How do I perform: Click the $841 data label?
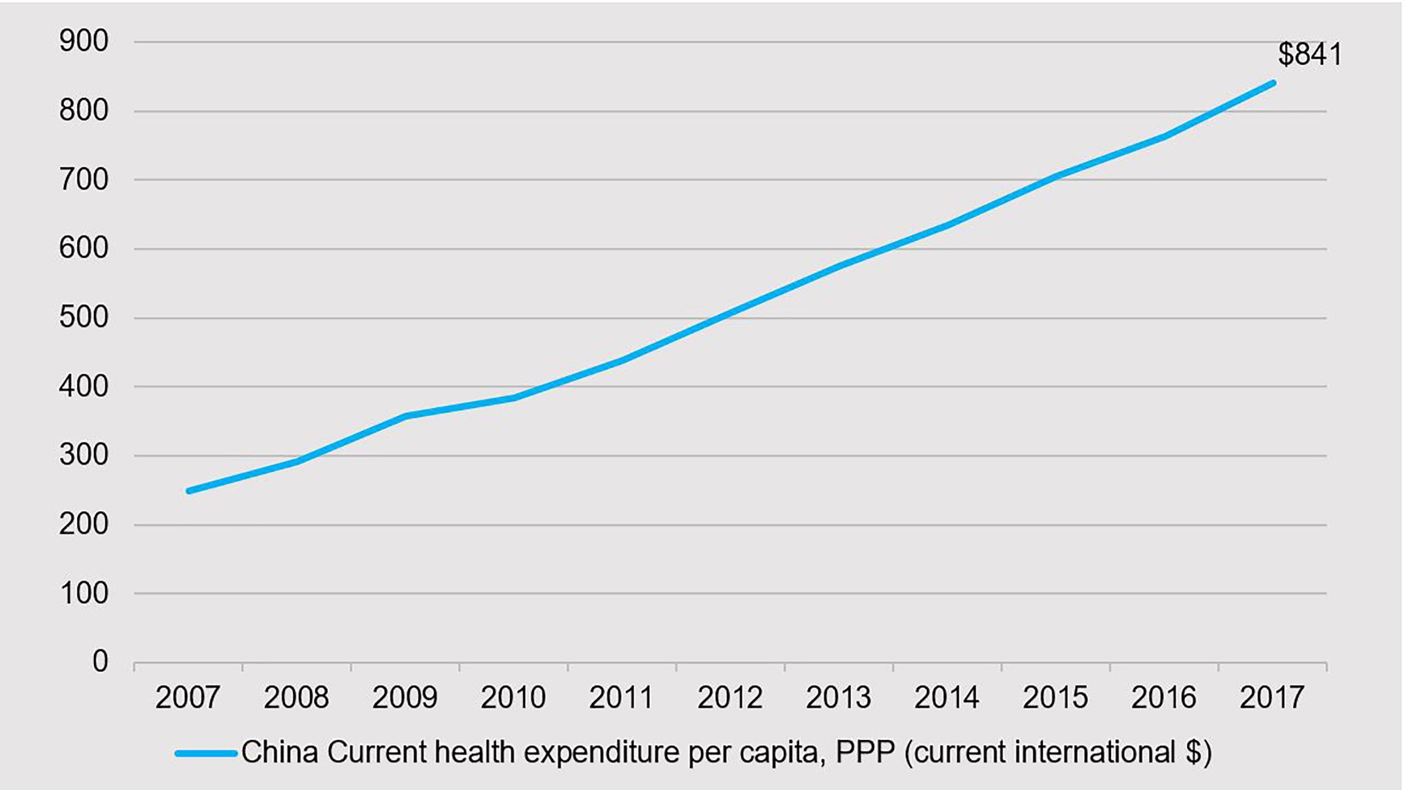pos(1309,55)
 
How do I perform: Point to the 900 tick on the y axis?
pos(84,41)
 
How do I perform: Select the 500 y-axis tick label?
pos(84,317)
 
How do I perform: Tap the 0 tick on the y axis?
pos(100,661)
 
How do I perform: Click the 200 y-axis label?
pos(84,524)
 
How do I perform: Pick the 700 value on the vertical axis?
pos(84,180)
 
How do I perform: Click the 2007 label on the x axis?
pos(187,698)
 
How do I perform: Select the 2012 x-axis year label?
pos(730,698)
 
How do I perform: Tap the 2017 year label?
pos(1272,698)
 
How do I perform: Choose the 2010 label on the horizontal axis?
pos(513,698)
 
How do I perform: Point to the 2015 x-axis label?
pos(1055,698)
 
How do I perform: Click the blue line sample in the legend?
pos(206,753)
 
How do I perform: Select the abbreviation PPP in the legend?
pos(865,752)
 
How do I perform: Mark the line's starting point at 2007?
pos(189,491)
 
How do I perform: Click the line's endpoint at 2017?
pos(1273,83)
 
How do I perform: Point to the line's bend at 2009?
pos(406,416)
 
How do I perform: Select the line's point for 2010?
pos(514,398)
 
